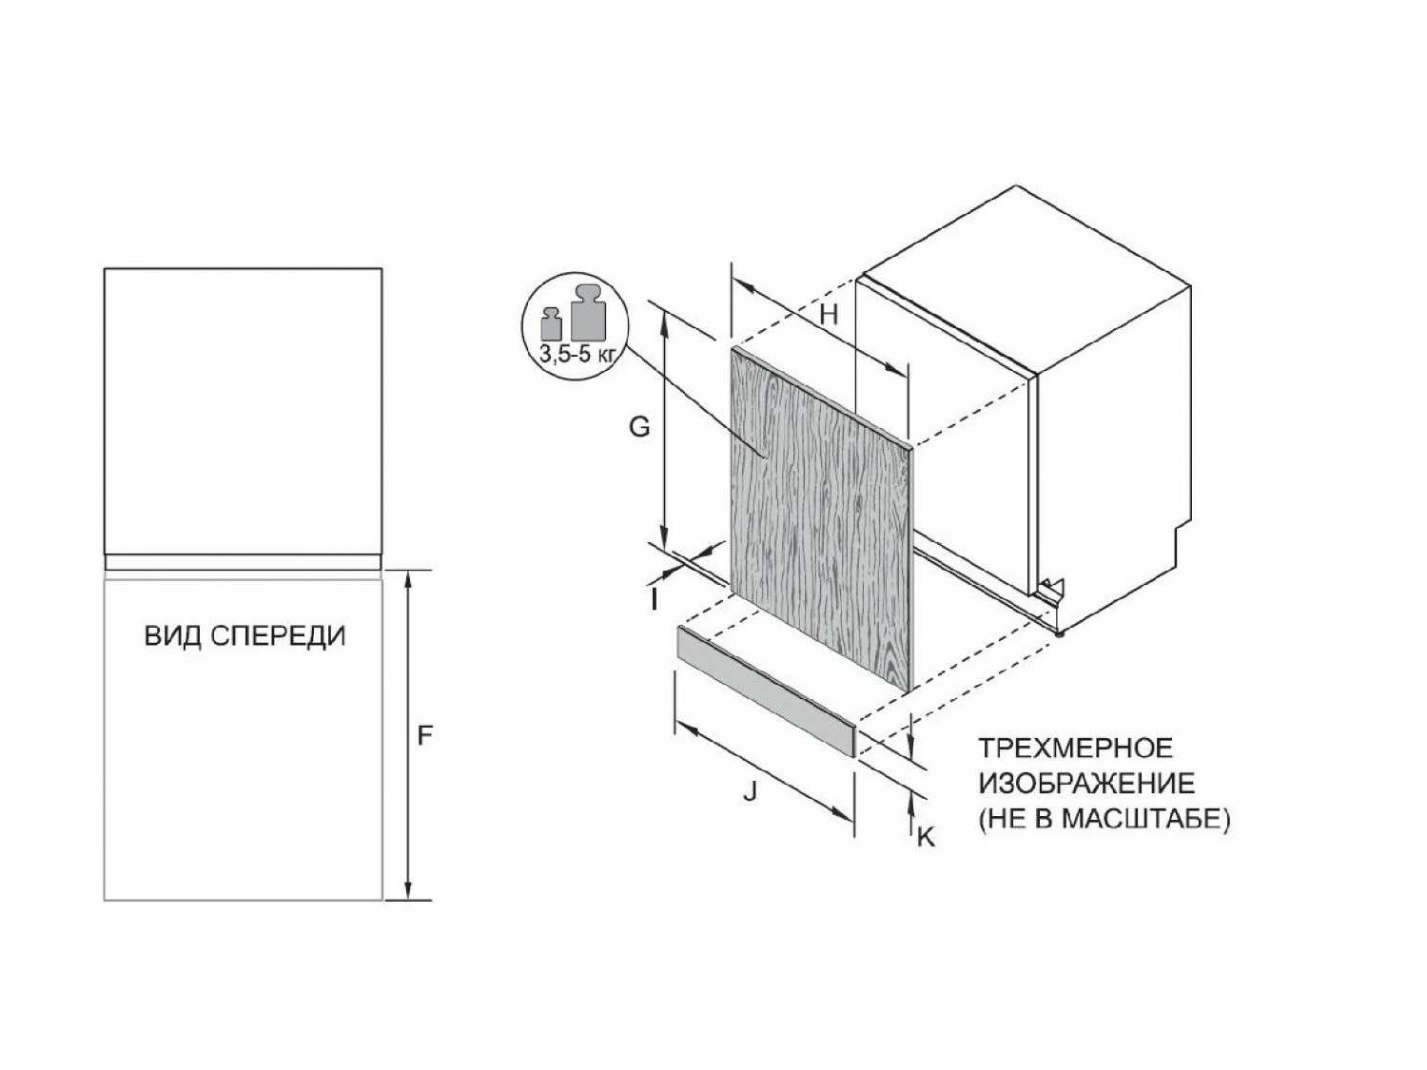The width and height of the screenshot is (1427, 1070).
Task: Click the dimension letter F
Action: coord(424,736)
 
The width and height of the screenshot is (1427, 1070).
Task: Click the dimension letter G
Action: coord(639,427)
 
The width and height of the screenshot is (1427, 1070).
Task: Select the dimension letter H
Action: coord(829,315)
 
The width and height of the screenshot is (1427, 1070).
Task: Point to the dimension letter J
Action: coord(751,790)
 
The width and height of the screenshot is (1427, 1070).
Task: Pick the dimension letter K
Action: coord(925,837)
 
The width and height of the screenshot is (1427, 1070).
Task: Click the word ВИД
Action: coord(171,636)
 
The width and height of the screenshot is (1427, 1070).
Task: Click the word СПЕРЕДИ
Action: coord(279,636)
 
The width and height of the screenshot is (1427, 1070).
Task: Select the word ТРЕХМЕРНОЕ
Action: coord(1075,749)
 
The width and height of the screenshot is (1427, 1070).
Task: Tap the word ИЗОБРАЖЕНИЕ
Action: coord(1087,784)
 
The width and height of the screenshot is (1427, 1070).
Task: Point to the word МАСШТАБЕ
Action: coord(1144,819)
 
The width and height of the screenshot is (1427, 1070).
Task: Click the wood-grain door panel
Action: coord(822,516)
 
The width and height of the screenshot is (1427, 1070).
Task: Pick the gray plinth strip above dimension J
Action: coord(767,691)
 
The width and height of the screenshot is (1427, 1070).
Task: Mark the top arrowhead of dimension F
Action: coord(408,579)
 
